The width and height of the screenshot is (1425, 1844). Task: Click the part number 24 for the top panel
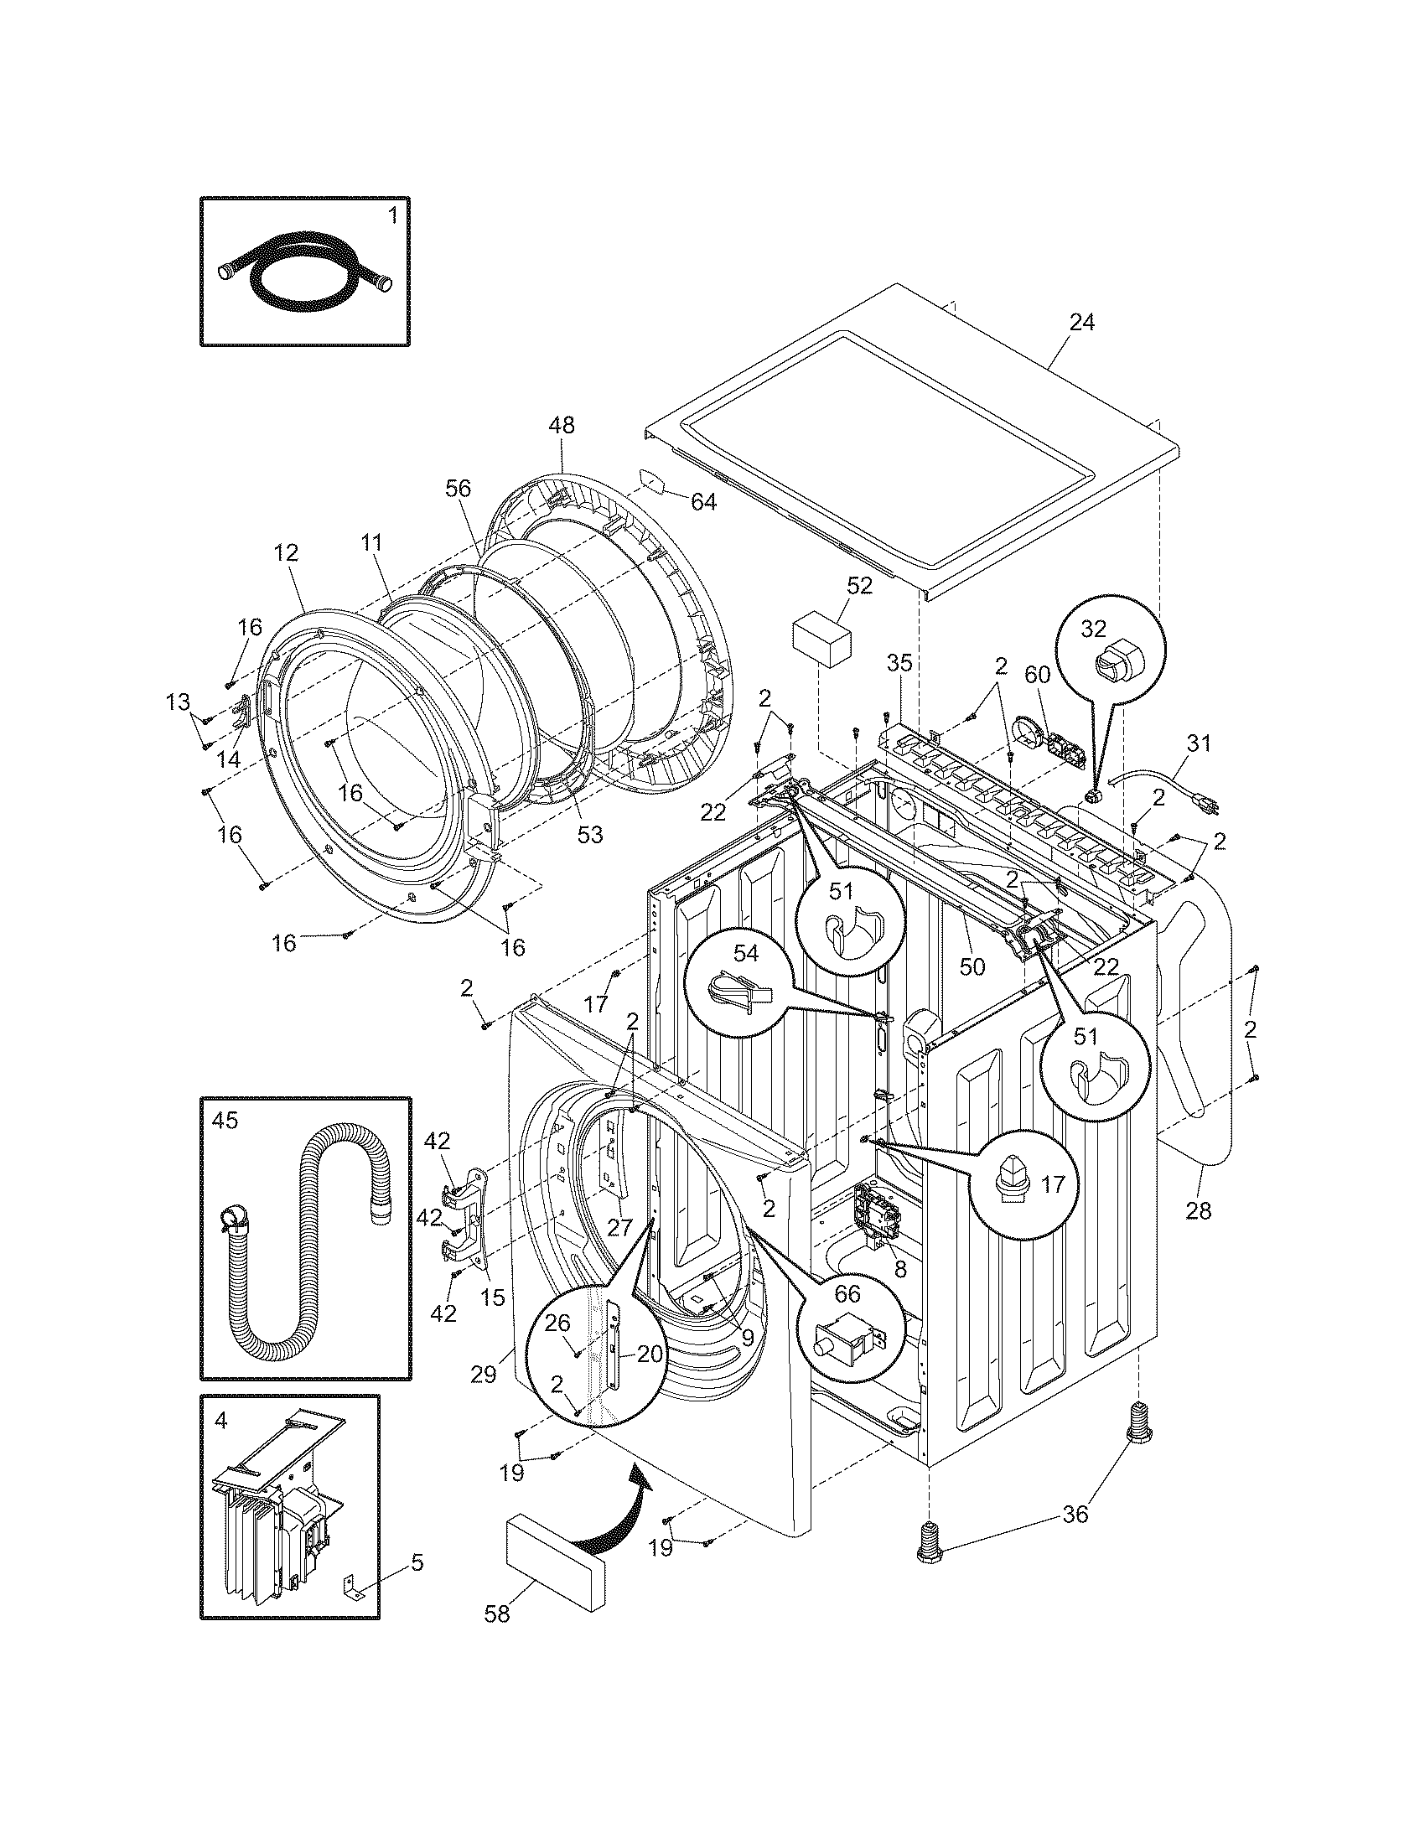[x=1082, y=323]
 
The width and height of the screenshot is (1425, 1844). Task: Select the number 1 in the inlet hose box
[x=391, y=216]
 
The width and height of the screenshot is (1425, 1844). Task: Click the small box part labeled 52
[x=821, y=643]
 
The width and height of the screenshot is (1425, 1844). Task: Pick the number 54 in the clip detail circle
[x=745, y=953]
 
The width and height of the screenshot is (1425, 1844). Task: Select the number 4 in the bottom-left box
[x=220, y=1421]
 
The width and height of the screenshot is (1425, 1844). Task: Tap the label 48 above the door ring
[x=562, y=425]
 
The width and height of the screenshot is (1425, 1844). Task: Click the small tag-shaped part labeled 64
[x=650, y=482]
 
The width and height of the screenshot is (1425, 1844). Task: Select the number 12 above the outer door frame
[x=286, y=553]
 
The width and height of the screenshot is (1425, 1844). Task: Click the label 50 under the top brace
[x=972, y=966]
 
